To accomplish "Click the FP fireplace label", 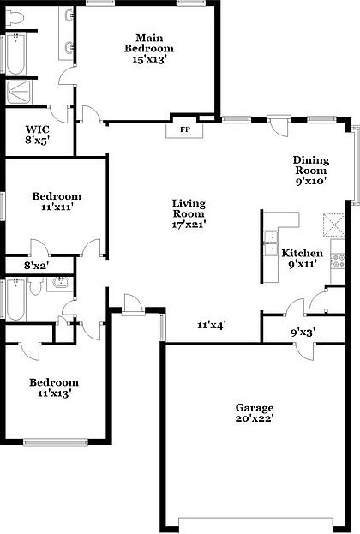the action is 185,129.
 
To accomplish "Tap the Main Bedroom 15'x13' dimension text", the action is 149,60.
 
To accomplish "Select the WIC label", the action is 38,129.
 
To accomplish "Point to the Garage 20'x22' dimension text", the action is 255,418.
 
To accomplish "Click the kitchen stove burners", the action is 339,261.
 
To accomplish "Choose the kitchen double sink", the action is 272,243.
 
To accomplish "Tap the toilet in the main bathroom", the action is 15,17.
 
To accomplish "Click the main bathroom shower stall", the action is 19,92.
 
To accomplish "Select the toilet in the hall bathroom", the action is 35,286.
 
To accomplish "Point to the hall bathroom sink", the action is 60,283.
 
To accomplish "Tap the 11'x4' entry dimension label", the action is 212,325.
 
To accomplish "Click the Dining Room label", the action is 310,165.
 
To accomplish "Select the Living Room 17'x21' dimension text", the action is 189,225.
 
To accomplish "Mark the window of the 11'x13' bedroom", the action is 55,442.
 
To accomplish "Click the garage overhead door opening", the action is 255,525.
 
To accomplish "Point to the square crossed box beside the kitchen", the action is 333,225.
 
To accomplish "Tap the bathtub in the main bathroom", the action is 15,54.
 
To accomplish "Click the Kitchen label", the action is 302,254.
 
